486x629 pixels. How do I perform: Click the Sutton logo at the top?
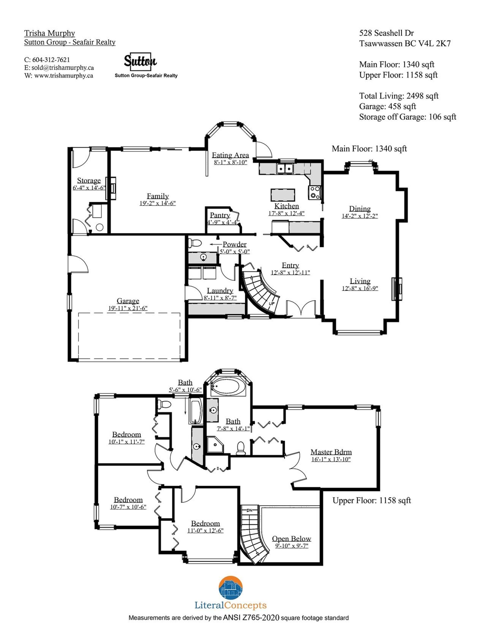[140, 62]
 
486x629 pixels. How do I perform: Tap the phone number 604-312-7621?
[51, 60]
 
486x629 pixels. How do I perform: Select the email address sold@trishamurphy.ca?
[63, 68]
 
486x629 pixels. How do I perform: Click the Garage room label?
[128, 301]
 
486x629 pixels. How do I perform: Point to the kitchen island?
[282, 195]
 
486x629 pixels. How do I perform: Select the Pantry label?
[220, 215]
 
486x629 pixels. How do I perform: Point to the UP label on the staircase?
[272, 304]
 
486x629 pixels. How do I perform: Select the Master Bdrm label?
[331, 452]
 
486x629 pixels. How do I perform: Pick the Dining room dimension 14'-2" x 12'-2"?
[360, 216]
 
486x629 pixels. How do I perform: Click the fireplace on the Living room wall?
[397, 289]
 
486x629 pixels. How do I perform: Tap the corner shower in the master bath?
[215, 445]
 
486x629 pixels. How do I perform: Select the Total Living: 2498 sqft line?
[399, 96]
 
